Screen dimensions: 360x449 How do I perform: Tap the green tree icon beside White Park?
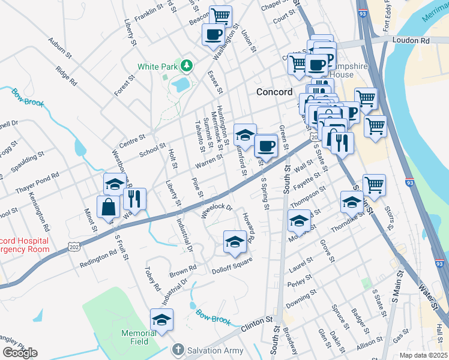coord(187,65)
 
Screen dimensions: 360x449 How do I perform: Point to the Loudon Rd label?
coord(412,41)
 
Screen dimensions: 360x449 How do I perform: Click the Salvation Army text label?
coord(215,350)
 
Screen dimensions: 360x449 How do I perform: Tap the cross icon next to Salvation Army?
coord(178,350)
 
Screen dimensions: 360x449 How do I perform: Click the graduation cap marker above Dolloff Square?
coord(235,242)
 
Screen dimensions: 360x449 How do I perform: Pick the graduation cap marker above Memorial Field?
coord(161,320)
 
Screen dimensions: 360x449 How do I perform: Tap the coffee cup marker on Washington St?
coord(213,35)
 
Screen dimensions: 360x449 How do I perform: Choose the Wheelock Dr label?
coord(216,211)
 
